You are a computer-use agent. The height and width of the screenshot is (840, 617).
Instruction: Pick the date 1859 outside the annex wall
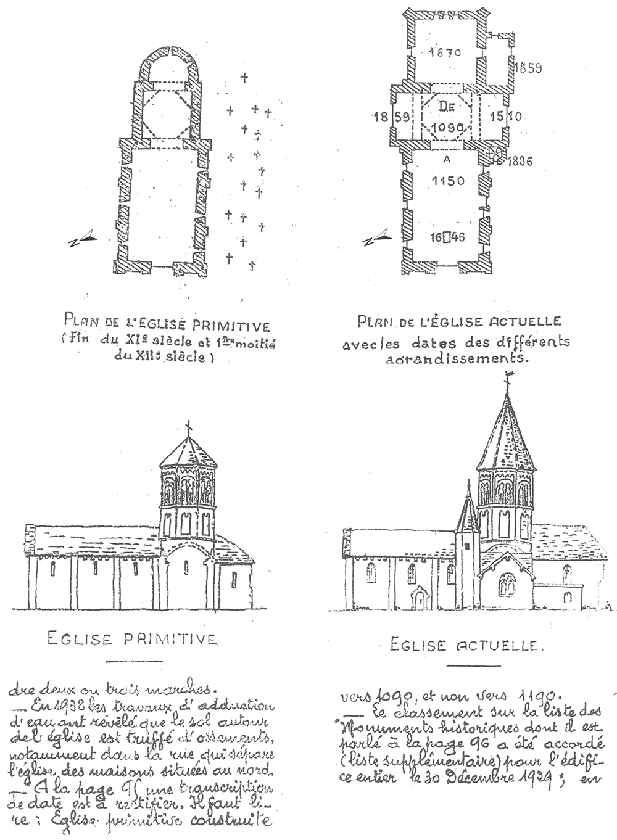click(529, 68)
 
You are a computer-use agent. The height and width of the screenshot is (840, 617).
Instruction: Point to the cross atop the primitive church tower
click(188, 427)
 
